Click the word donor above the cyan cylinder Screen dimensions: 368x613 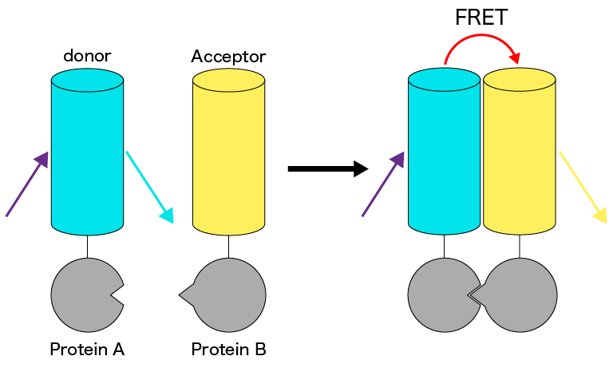coord(87,56)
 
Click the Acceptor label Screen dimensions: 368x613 coord(228,57)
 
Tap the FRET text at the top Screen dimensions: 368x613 coord(481,18)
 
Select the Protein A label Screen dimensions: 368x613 coord(87,349)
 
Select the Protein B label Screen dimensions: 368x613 coord(228,349)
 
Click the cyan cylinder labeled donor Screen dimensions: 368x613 coord(87,152)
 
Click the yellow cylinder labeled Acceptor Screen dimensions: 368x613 coord(228,152)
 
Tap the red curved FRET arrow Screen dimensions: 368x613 coord(482,42)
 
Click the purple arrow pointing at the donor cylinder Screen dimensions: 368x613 coord(27,184)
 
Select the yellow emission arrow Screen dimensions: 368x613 coord(582,184)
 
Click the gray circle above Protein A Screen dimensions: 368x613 coord(84,294)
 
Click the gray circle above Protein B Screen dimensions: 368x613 coord(231,295)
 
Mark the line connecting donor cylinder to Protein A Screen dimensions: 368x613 coord(87,246)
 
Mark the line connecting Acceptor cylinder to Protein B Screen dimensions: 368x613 coord(228,246)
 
